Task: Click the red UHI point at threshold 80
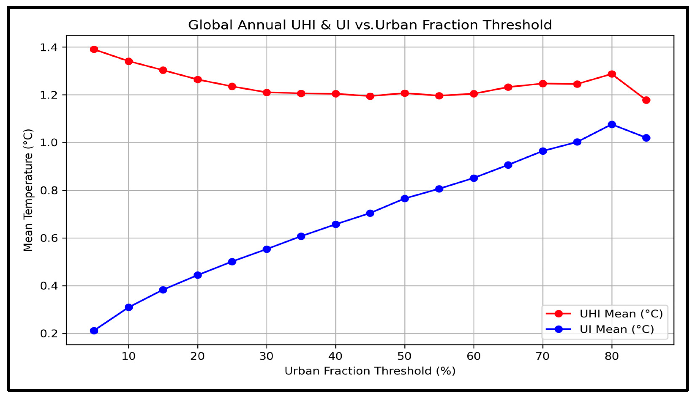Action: (x=612, y=74)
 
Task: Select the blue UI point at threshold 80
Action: (x=612, y=124)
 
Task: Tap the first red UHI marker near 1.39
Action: (x=94, y=49)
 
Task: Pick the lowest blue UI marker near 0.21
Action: (x=94, y=331)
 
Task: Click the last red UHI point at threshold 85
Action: (x=646, y=100)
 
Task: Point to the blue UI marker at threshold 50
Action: (x=405, y=198)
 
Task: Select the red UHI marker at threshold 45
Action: (x=370, y=96)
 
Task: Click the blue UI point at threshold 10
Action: (x=128, y=307)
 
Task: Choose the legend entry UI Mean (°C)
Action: (x=617, y=329)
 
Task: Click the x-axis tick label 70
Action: (x=542, y=356)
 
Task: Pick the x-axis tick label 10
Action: (x=128, y=356)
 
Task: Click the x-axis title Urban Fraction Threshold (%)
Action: (x=370, y=371)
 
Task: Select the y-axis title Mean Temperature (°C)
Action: (x=28, y=190)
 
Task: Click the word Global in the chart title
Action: (x=210, y=25)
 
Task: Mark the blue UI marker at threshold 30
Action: (x=267, y=249)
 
